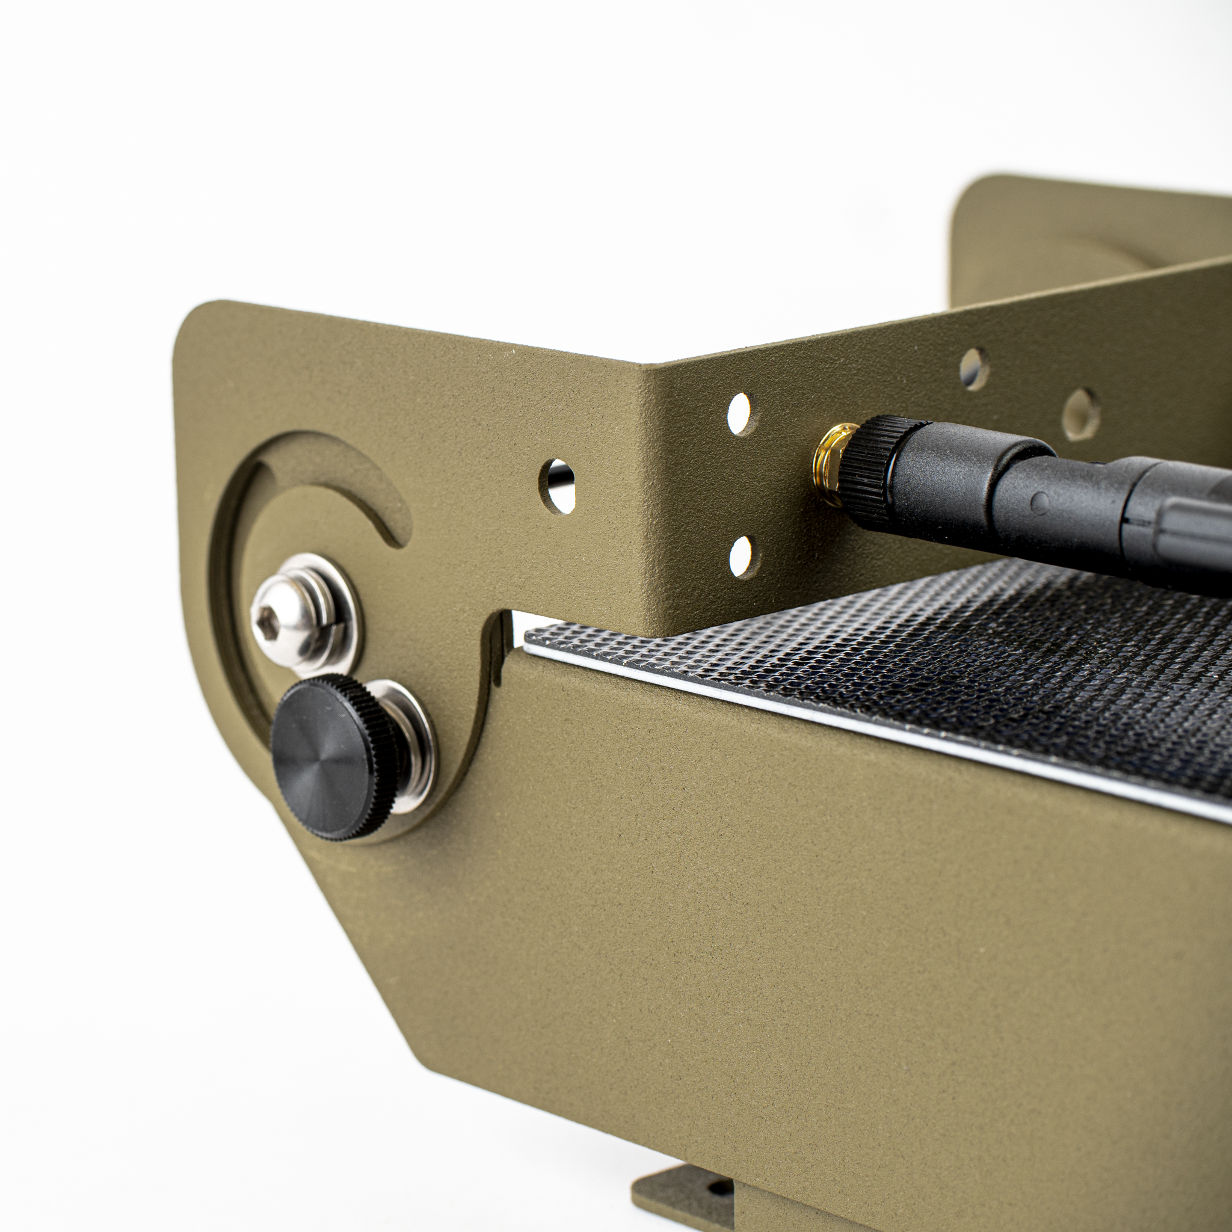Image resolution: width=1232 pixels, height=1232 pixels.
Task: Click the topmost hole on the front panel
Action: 973,369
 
